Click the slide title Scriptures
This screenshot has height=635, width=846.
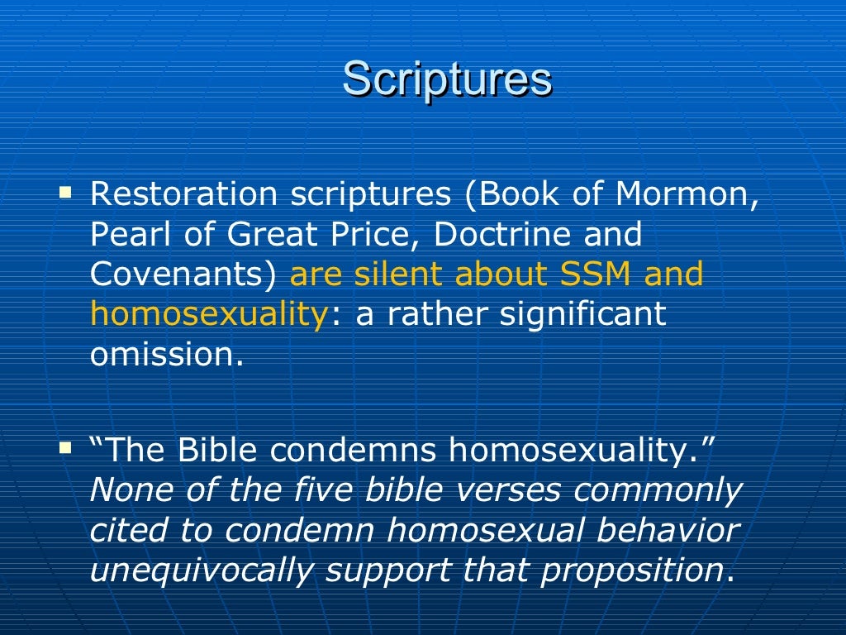[x=447, y=80]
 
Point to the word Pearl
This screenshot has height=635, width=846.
[x=123, y=235]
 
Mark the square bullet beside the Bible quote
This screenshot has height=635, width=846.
[x=66, y=449]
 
